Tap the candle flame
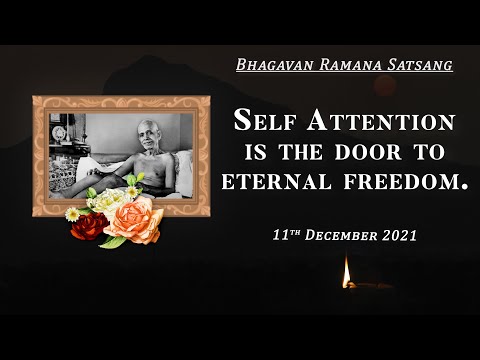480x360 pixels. point(347,271)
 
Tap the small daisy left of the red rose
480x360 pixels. point(72,214)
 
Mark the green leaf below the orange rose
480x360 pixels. point(113,241)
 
